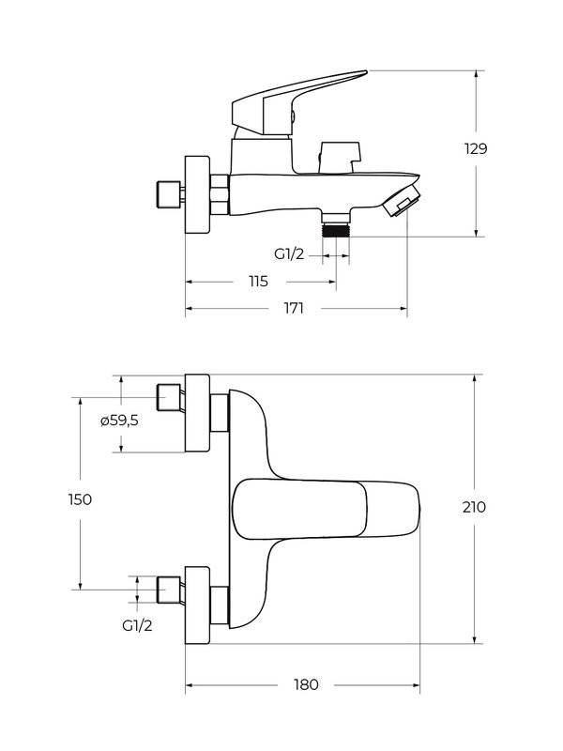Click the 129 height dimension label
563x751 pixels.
(475, 148)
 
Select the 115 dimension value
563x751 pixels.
(258, 282)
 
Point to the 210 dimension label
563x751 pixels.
(475, 507)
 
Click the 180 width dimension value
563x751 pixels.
(306, 684)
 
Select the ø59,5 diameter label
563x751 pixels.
(119, 421)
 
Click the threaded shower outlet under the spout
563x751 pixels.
(335, 228)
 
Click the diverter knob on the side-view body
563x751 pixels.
(340, 154)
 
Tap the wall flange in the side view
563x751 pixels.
(197, 194)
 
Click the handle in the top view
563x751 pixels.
(324, 510)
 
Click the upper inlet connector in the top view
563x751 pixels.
(169, 398)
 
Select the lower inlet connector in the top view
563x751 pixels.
(169, 589)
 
